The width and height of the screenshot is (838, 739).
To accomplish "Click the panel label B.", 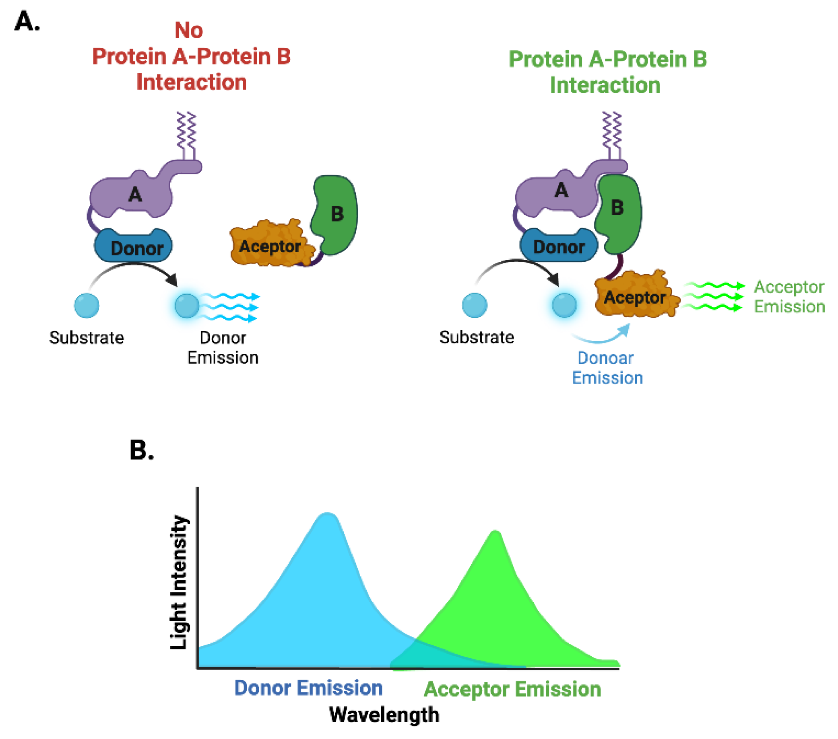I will [141, 450].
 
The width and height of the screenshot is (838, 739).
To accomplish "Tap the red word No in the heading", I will [189, 30].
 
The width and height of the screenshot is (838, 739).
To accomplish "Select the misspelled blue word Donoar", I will [605, 358].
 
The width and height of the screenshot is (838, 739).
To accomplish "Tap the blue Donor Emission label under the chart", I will [308, 688].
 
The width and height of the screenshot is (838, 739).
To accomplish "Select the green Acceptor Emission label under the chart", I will [512, 689].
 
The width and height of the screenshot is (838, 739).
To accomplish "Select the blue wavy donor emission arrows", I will [229, 307].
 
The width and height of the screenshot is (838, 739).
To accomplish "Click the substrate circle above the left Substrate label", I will [87, 305].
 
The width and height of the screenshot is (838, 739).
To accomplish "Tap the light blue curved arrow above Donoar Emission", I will [603, 336].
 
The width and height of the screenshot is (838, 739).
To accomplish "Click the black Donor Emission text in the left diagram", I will [223, 348].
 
